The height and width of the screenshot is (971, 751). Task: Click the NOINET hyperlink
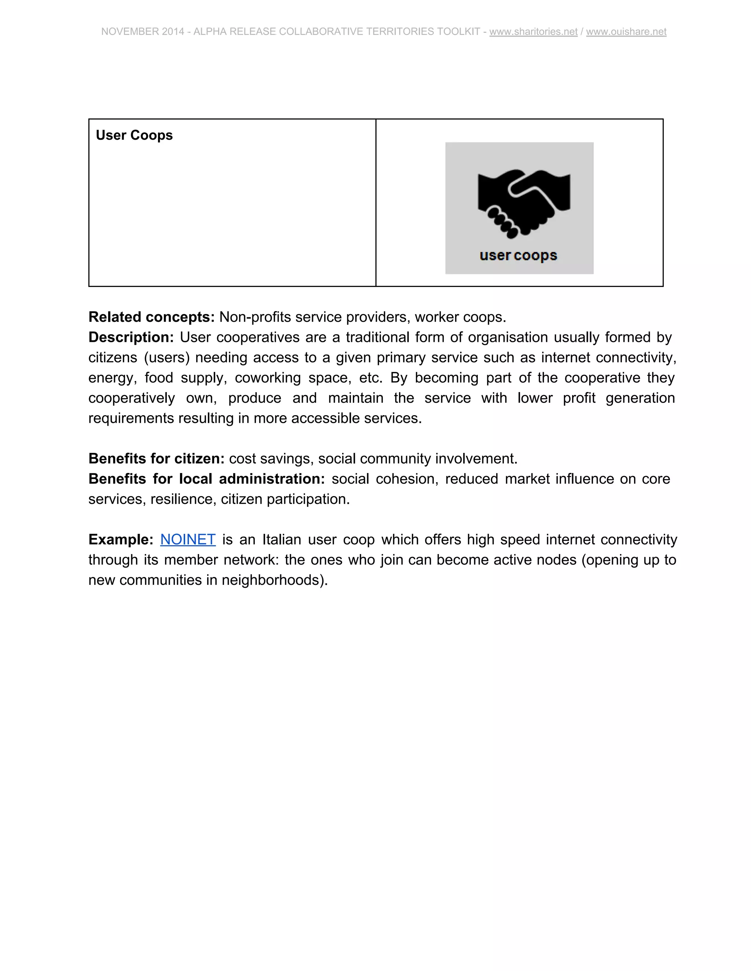click(x=188, y=539)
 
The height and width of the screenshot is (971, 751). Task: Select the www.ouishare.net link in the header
click(x=626, y=32)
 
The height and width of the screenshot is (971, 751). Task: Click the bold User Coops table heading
click(x=134, y=135)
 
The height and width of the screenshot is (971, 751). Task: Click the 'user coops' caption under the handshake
click(x=518, y=256)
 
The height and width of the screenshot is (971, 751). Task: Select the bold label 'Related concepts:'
click(x=152, y=317)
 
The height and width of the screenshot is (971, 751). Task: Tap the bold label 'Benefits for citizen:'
click(x=157, y=458)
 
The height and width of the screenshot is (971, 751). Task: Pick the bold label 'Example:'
click(x=121, y=539)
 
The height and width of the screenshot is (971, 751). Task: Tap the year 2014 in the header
click(x=173, y=32)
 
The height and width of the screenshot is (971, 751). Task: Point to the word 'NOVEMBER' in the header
click(x=130, y=32)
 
